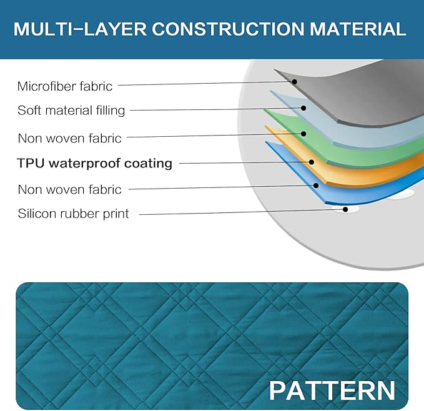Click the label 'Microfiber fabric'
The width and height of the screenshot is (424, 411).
click(x=64, y=87)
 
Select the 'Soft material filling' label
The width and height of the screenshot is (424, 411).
click(x=71, y=111)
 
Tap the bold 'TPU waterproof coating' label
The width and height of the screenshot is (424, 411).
click(x=94, y=163)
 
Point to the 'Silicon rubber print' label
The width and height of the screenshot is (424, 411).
click(x=73, y=214)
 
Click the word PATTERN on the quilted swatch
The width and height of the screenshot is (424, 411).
click(x=332, y=390)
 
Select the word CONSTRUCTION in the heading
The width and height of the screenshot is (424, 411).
click(x=228, y=29)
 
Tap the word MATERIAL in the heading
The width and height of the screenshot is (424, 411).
click(x=358, y=29)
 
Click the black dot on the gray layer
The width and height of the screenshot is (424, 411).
click(x=295, y=82)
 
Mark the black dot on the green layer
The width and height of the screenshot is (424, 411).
click(x=303, y=134)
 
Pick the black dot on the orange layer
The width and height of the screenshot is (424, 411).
click(x=312, y=162)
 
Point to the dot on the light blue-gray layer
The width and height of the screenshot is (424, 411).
click(x=303, y=108)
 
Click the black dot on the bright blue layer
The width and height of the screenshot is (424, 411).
click(x=316, y=186)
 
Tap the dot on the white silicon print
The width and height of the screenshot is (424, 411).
click(x=345, y=209)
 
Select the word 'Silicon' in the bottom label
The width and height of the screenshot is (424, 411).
click(x=37, y=214)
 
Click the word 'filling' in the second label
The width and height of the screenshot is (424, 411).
click(x=111, y=111)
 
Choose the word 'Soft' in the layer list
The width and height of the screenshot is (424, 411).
click(x=28, y=111)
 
